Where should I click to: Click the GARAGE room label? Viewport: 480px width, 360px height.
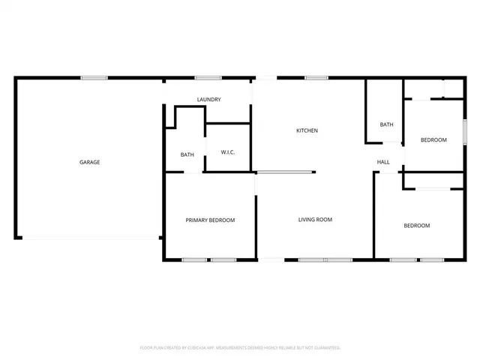coord(90,162)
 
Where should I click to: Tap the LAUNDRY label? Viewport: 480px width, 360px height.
coord(208,100)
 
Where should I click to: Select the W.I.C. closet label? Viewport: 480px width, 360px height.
coord(229,154)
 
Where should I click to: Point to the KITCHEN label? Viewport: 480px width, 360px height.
coord(307,130)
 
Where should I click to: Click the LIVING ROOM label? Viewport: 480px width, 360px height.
coord(315,220)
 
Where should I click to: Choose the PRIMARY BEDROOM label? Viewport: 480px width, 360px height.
coord(210,220)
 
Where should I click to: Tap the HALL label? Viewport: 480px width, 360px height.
coord(383,162)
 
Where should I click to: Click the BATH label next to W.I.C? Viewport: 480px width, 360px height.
coord(187,155)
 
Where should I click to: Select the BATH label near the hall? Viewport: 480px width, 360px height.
coord(387,124)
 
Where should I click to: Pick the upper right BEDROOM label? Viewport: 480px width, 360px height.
coord(433,140)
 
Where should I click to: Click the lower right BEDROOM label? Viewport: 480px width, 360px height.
coord(417,226)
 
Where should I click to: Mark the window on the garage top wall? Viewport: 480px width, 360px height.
coord(94,77)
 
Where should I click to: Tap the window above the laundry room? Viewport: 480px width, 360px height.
coord(207,77)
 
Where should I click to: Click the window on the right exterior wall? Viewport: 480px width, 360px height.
coord(464,133)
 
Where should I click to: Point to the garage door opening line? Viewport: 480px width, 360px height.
coord(90,238)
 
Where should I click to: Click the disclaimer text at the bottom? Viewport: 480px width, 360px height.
coord(240,348)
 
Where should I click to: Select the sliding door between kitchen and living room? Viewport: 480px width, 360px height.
coord(285,173)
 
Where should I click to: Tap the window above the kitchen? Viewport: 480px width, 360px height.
coord(316,77)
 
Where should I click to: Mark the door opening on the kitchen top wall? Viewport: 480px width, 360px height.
coord(265,77)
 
